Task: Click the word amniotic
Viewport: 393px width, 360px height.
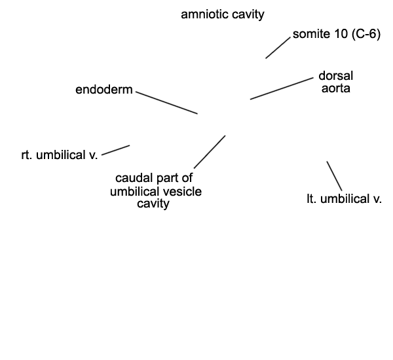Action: click(x=205, y=14)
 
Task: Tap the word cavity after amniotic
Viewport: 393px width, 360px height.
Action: click(x=248, y=15)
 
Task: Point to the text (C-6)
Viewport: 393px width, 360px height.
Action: click(x=366, y=34)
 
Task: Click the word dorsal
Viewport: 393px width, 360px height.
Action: click(x=336, y=76)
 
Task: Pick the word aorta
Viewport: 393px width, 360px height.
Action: click(x=336, y=88)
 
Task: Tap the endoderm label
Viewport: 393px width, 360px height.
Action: click(x=104, y=90)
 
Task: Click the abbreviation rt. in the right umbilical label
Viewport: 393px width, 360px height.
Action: click(x=27, y=155)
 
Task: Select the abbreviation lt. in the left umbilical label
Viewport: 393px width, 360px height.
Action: click(x=312, y=199)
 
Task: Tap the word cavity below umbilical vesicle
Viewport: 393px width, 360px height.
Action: click(x=153, y=204)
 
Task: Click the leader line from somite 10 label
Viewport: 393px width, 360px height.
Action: click(x=278, y=48)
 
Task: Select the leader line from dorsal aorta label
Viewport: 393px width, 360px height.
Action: click(x=282, y=88)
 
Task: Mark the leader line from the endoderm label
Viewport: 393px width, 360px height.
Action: click(x=166, y=103)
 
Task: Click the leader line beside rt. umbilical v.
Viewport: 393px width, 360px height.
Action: click(x=115, y=150)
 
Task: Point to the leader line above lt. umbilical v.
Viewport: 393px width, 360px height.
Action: click(x=334, y=176)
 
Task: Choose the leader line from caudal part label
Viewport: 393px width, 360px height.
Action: click(x=210, y=152)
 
